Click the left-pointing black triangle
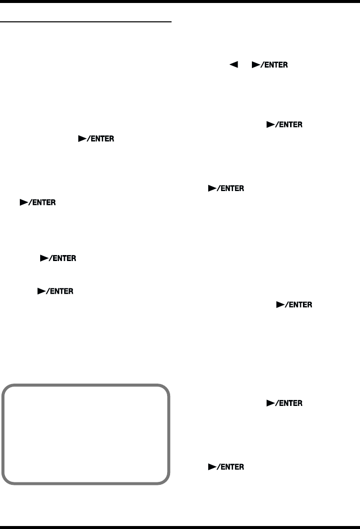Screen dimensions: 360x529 click(x=232, y=66)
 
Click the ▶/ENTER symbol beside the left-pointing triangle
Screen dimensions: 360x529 click(x=270, y=66)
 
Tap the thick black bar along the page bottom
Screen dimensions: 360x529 click(x=180, y=526)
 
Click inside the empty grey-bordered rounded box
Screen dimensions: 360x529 click(x=86, y=433)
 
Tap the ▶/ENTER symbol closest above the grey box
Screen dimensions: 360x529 click(x=56, y=292)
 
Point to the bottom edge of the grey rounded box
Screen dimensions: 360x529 click(x=86, y=482)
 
